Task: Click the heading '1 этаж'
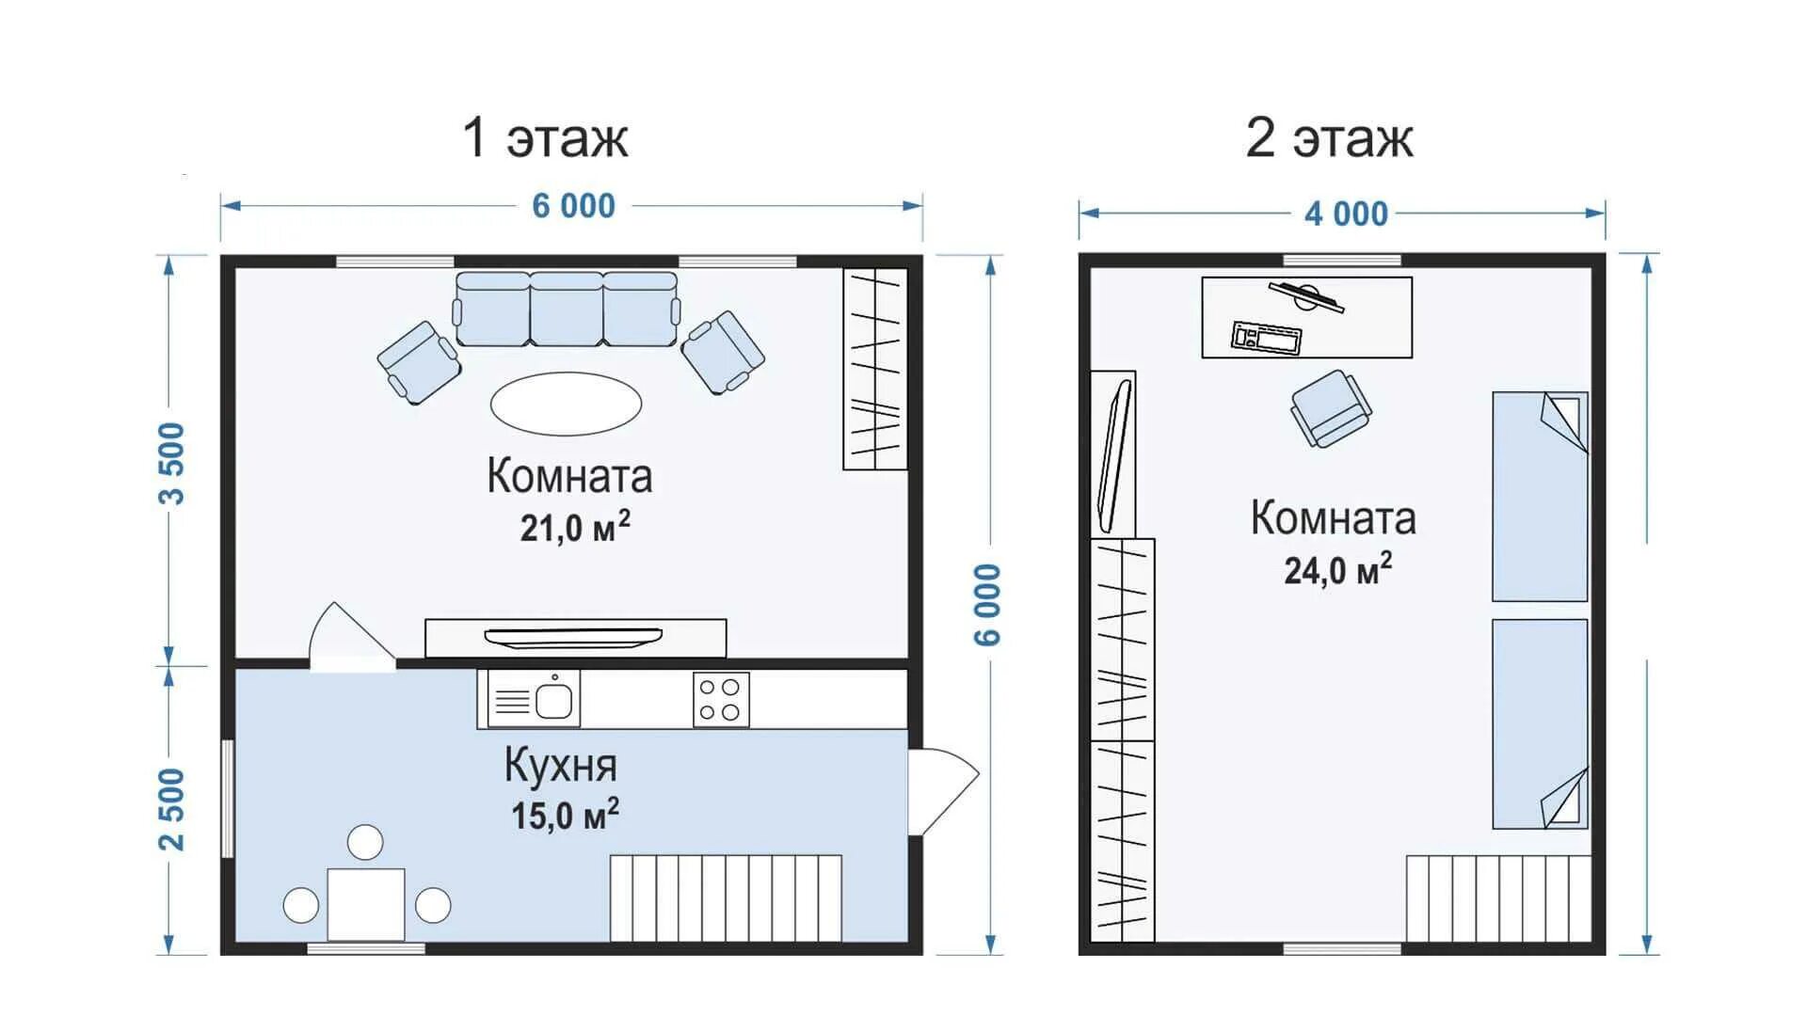(545, 137)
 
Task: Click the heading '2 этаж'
(1329, 137)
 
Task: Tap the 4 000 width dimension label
(1346, 214)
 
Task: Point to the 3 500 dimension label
(173, 463)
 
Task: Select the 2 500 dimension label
(173, 809)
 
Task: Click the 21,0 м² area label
(574, 528)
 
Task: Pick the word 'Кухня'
(561, 766)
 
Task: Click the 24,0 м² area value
(1337, 570)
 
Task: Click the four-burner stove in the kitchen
(721, 700)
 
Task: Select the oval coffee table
(566, 404)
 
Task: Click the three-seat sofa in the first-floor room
(567, 310)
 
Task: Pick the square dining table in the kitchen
(366, 904)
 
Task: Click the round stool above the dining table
(365, 842)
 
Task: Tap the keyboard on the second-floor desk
(1267, 338)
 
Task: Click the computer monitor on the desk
(1306, 295)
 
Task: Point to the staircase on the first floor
(726, 897)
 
